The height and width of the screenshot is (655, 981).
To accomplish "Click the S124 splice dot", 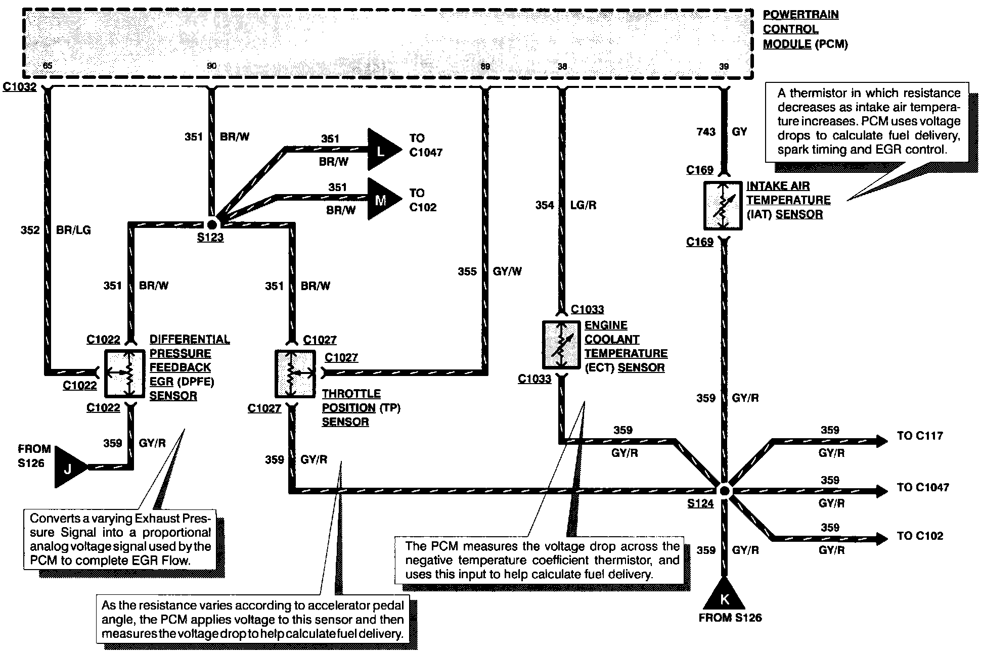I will point(724,490).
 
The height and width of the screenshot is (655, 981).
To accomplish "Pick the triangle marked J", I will point(69,467).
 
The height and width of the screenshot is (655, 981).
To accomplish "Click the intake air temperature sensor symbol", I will point(723,206).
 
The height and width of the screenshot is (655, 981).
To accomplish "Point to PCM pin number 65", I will point(47,66).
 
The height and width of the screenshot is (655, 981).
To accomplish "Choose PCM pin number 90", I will point(211,66).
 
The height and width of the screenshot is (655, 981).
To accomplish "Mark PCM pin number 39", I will point(724,66).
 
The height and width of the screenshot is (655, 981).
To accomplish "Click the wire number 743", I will point(706,132).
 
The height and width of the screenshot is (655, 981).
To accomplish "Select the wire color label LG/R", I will point(584,205).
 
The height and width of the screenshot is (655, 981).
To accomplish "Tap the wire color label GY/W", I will point(507,271).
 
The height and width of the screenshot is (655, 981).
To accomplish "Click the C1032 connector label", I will point(20,87).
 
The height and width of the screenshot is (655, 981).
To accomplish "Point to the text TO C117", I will point(920,436).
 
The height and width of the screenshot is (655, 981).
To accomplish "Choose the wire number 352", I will point(30,230).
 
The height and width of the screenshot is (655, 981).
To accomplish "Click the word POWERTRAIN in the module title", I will point(800,15).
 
